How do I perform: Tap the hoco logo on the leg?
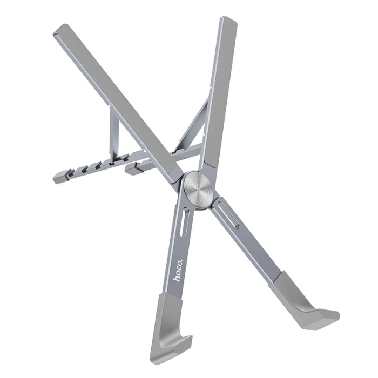[x=179, y=271]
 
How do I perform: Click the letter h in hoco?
[x=178, y=279]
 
